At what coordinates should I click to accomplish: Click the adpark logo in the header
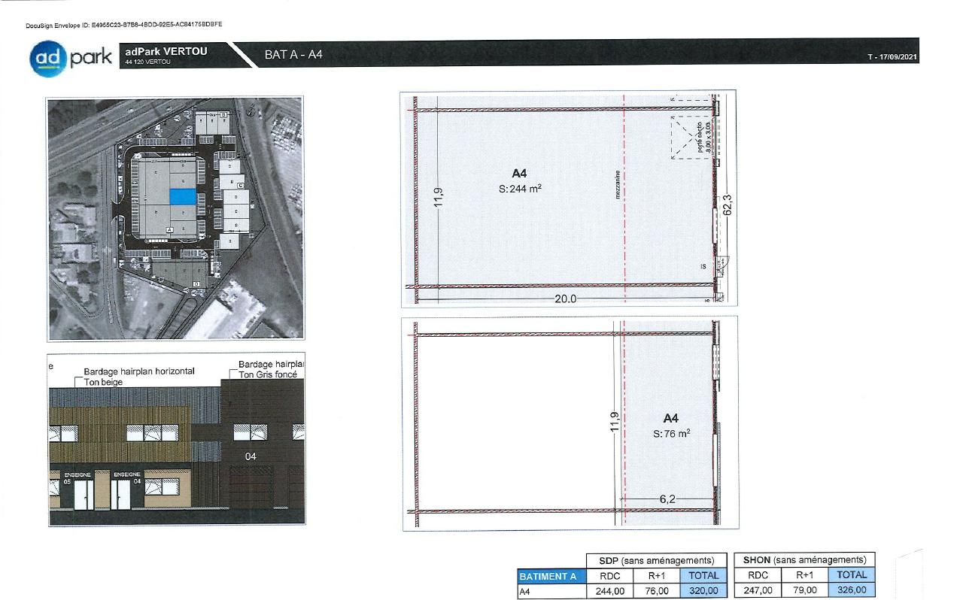click(71, 57)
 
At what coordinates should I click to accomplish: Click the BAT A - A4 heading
click(293, 56)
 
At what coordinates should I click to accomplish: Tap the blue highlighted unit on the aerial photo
click(182, 196)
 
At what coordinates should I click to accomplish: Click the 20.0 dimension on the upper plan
click(565, 298)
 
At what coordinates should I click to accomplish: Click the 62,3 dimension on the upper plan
click(727, 206)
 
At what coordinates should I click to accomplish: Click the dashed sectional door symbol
click(689, 138)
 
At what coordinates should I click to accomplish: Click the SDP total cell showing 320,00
click(703, 591)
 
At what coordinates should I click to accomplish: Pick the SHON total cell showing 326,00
click(852, 590)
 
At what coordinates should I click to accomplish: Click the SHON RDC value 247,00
click(758, 590)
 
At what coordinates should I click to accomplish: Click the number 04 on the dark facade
click(251, 456)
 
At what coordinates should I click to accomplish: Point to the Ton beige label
click(104, 382)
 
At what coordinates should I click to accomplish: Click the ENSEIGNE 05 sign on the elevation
click(77, 477)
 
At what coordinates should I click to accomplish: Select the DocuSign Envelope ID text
click(124, 25)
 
